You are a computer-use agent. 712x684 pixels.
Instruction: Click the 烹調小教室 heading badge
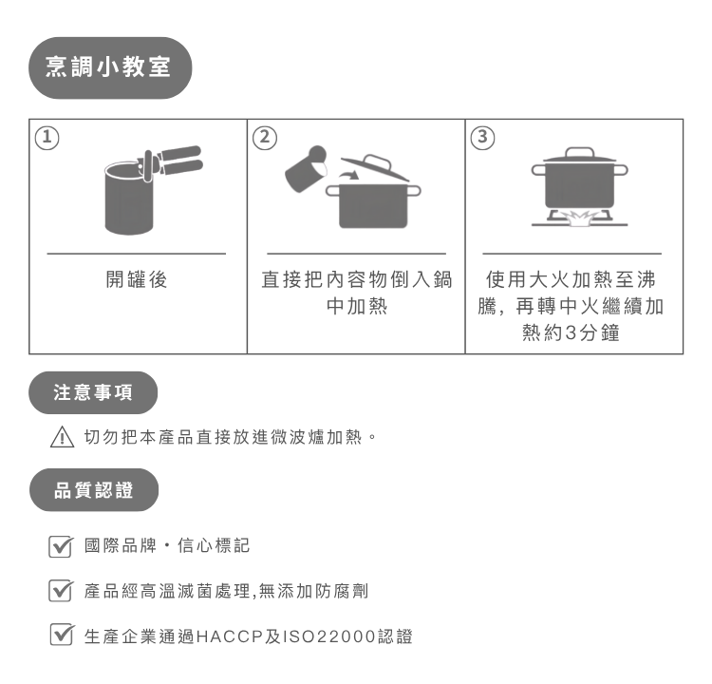coord(110,67)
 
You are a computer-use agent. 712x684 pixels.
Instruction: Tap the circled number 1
coord(47,138)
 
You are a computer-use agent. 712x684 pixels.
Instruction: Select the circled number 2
coord(265,137)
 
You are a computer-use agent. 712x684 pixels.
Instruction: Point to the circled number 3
coord(482,137)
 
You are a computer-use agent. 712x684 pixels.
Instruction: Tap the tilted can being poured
coord(306,168)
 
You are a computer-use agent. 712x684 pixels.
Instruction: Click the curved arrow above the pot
coord(348,176)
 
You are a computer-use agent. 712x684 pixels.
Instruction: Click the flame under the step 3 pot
coord(579,218)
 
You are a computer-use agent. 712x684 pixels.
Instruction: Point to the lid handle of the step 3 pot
coord(579,152)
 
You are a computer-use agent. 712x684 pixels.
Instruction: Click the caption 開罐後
coord(137,279)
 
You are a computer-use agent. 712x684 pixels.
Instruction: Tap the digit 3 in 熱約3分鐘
coord(571,332)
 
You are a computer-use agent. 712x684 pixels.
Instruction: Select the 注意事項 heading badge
coord(93,392)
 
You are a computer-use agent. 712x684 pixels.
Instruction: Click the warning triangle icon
coord(63,437)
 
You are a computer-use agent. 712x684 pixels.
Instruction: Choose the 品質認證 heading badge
coord(94,490)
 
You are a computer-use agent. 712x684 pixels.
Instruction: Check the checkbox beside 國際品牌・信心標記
coord(61,546)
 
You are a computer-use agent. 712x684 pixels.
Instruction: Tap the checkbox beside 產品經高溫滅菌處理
coord(61,590)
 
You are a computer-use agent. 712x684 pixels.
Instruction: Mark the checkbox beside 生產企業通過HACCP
coord(62,634)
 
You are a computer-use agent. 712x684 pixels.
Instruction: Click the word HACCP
coord(230,636)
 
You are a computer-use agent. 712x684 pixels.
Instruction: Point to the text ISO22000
coord(329,636)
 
